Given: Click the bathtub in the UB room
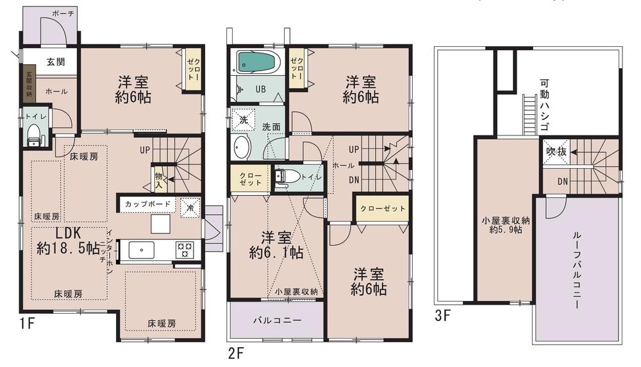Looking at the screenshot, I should coord(256,63).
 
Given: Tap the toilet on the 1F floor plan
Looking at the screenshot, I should coord(33,135).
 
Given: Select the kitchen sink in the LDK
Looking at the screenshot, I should coord(140,250).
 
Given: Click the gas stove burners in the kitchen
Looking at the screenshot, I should coord(187,250).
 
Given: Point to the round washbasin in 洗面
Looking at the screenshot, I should coord(243,148).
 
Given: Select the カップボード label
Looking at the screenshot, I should coord(148,205).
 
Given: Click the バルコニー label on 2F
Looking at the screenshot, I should coord(272,320).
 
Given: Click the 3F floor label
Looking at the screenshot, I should coord(442,316).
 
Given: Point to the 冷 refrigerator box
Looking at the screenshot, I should coord(190,207).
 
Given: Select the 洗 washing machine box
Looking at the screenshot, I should coord(244,120).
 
